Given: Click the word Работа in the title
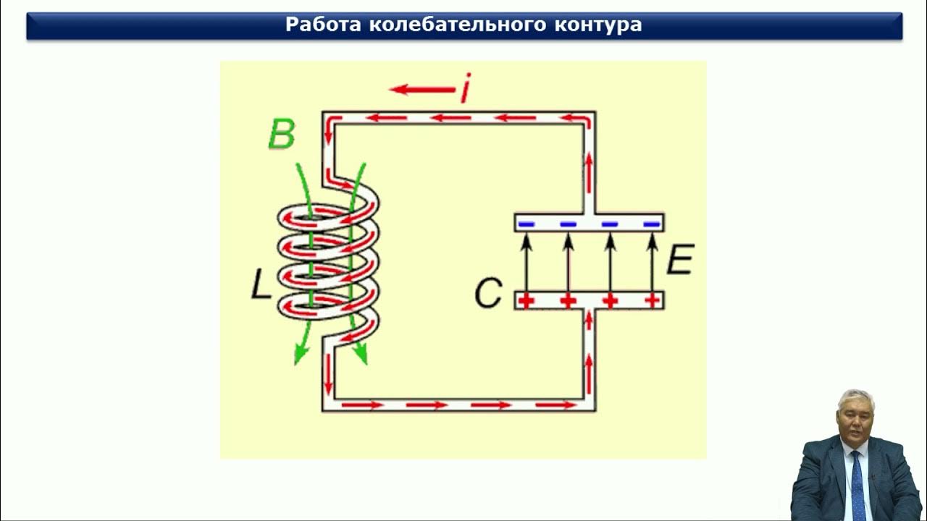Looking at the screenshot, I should coord(323,25).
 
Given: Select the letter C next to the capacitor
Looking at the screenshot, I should coord(488,294).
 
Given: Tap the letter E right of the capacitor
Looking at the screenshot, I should coord(680,260).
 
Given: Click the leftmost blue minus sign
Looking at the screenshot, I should coord(527,224).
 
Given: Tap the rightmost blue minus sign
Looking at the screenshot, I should coord(653,224).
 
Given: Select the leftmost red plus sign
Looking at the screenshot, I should coord(527,300).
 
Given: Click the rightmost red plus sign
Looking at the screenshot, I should coord(653,300).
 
